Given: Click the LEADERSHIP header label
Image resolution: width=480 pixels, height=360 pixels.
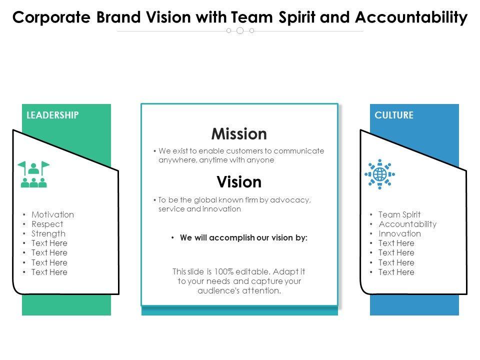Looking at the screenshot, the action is coord(52,115).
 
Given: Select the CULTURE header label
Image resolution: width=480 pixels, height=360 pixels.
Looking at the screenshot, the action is coord(394,115).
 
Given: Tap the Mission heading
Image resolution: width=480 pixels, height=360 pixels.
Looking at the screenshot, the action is coord(239,134).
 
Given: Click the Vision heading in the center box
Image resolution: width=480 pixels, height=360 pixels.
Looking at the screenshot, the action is coord(239,181).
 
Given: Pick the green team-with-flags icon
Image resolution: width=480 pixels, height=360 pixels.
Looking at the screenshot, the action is coord(33,174).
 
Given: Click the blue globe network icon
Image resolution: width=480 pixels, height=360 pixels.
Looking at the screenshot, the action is coord(379,174).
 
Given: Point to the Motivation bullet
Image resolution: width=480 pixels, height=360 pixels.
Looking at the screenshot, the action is coord(52,214).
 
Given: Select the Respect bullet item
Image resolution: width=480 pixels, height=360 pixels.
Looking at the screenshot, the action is coord(47,224).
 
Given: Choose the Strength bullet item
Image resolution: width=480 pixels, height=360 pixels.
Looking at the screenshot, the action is coord(48,233).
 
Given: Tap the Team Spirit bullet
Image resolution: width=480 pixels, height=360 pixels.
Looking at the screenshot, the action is coord(399,214).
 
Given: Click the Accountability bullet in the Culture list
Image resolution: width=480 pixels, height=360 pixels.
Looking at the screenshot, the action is coord(407,224).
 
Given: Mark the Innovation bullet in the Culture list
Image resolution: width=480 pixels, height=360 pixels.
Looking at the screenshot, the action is coord(400,233).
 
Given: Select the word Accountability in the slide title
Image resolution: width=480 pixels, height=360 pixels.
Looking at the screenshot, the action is coord(411,17).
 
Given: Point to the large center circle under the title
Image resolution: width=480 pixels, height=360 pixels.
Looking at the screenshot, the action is coord(240,30).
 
